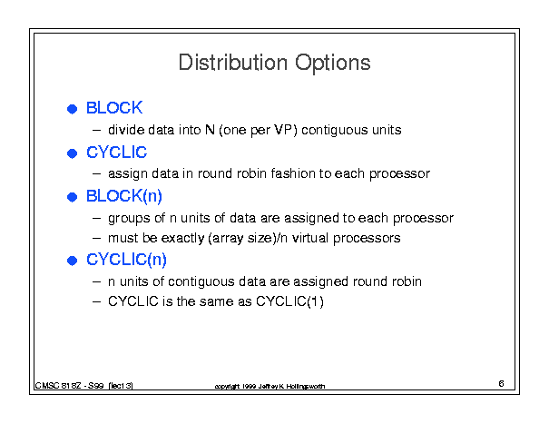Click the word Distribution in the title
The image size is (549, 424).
[x=233, y=63]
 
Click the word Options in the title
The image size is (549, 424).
[x=333, y=64]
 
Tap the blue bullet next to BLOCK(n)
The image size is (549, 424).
[x=72, y=197]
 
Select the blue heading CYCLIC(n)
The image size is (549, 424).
[x=126, y=260]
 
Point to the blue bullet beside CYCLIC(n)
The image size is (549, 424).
[x=72, y=261]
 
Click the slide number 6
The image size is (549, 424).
[x=502, y=384]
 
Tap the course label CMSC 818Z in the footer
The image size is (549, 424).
[x=58, y=386]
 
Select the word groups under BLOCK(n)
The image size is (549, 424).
[x=129, y=219]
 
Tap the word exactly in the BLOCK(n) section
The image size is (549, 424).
[x=182, y=238]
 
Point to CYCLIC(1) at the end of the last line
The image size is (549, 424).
[x=289, y=301]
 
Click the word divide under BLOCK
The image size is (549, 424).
[x=126, y=130]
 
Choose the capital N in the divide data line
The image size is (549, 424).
[x=210, y=130]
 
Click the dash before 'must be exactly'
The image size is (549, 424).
[x=96, y=238]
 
